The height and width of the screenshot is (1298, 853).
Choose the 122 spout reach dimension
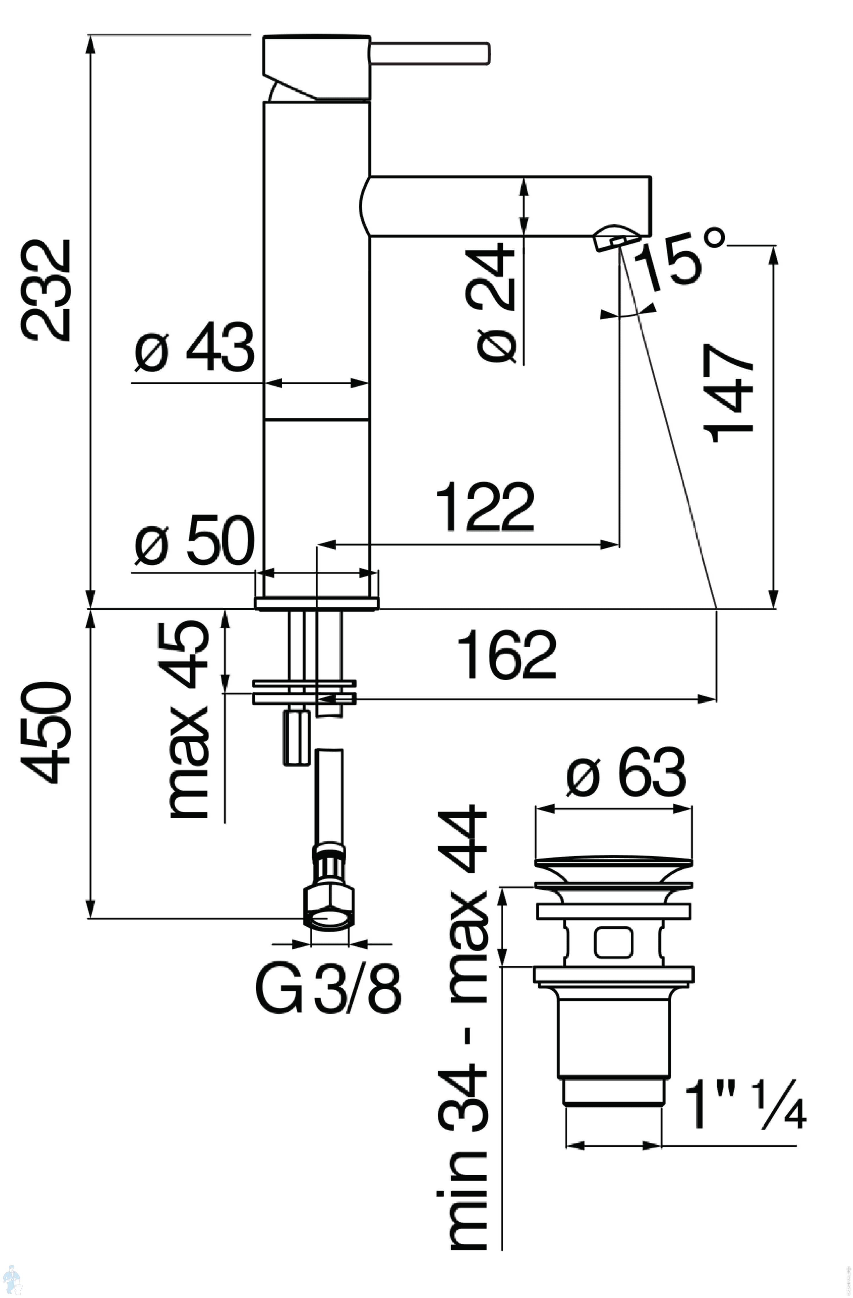coord(485,507)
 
